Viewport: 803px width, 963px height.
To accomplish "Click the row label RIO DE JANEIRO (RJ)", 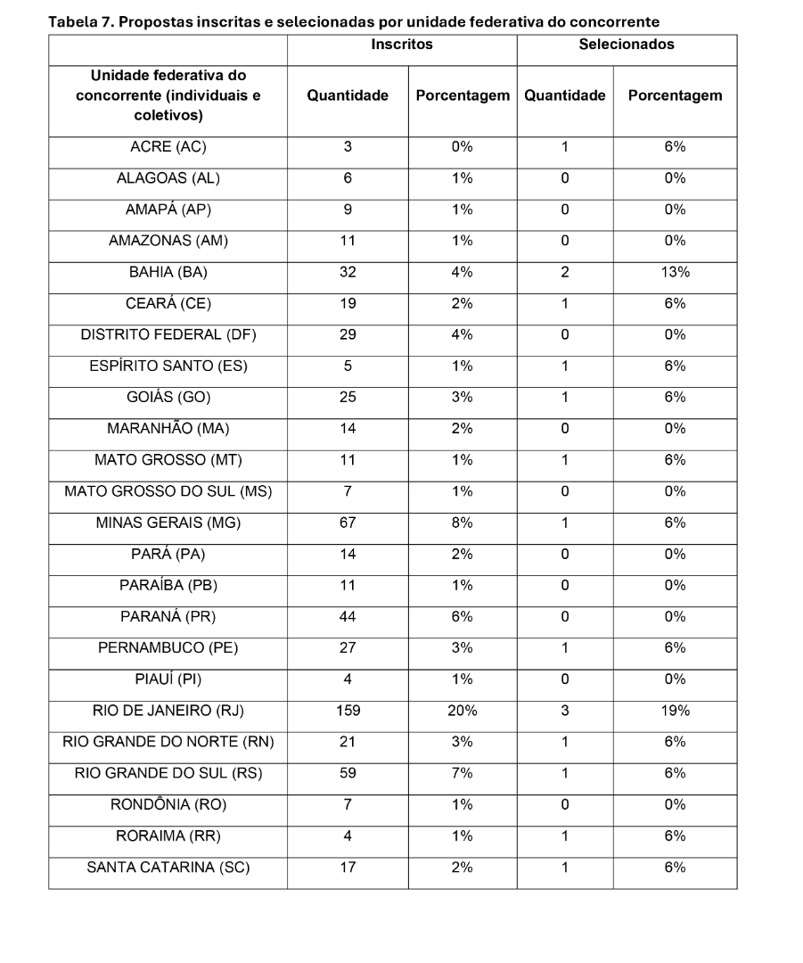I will point(168,711).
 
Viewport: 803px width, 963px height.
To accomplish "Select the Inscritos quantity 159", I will point(348,711).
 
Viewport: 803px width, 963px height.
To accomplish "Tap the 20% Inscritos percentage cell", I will point(462,711).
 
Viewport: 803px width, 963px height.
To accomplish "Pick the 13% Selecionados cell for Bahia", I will point(675,272).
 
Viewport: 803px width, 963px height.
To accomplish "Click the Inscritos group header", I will point(402,44).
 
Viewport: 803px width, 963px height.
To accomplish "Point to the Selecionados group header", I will point(627,44).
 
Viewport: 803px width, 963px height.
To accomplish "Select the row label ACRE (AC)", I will point(168,147).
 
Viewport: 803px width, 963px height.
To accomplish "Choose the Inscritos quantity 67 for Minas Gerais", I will point(348,523).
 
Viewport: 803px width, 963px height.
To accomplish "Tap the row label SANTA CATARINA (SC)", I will point(168,867).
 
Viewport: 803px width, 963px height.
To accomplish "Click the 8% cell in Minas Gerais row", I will point(462,523).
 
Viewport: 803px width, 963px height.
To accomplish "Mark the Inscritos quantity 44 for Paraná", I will point(348,616).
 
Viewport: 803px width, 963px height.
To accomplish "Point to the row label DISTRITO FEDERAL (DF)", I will point(168,334).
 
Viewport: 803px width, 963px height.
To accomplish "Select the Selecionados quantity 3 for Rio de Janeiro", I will point(565,711).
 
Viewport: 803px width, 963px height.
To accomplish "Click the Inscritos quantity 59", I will point(348,773).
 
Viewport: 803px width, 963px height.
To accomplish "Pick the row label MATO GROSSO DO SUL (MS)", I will point(168,491).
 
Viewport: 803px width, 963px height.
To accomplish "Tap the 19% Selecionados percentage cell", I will point(675,711).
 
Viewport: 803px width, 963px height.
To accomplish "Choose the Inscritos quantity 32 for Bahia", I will point(348,272).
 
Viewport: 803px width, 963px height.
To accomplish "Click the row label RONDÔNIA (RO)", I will point(168,804).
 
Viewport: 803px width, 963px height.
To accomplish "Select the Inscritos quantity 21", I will point(348,742).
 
